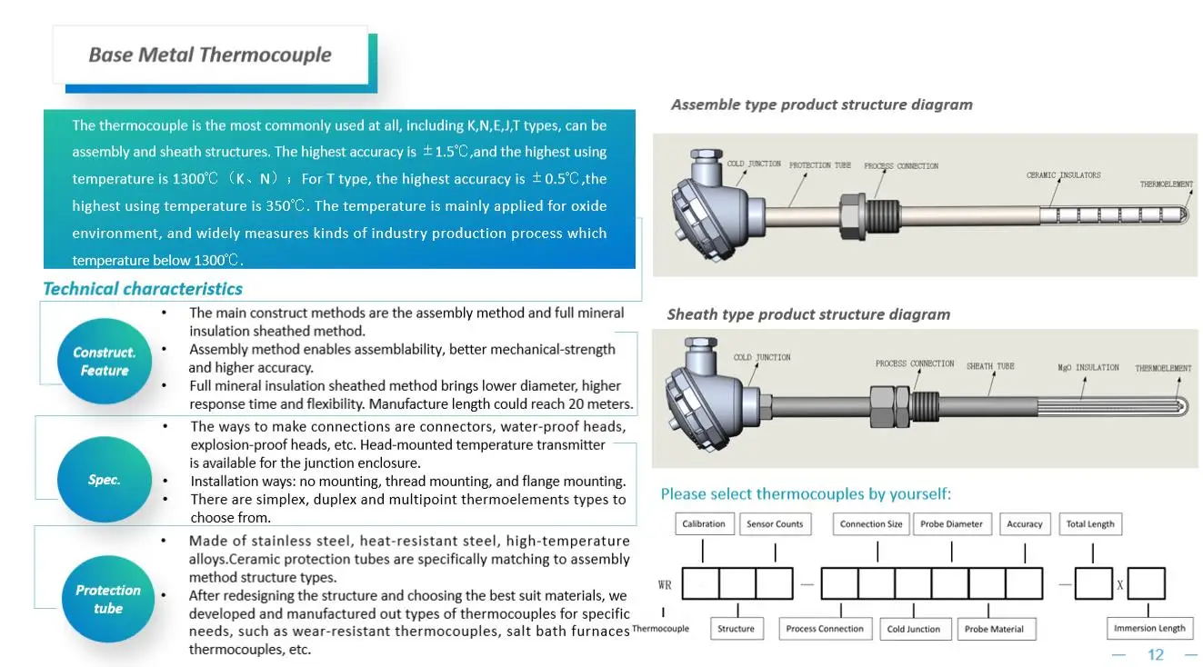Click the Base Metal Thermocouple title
210,55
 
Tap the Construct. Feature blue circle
105,362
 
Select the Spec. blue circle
105,480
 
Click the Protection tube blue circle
108,599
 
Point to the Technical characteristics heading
143,289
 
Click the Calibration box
704,523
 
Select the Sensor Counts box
775,523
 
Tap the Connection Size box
871,523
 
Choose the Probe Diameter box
951,523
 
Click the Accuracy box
1025,523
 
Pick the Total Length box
1090,523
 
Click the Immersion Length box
1149,628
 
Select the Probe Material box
994,629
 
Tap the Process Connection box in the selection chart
825,629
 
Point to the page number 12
1156,654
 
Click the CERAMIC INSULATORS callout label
1063,174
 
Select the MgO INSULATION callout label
1088,367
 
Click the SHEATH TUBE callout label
990,366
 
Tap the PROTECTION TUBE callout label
819,165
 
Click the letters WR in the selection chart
665,584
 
